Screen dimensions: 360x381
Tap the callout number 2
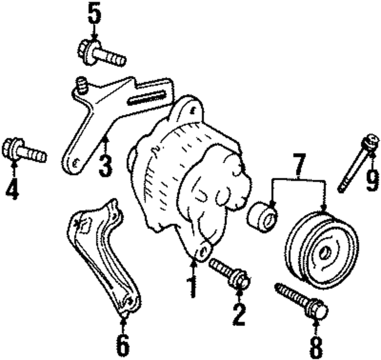(239, 314)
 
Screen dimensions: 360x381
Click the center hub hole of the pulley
(325, 252)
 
